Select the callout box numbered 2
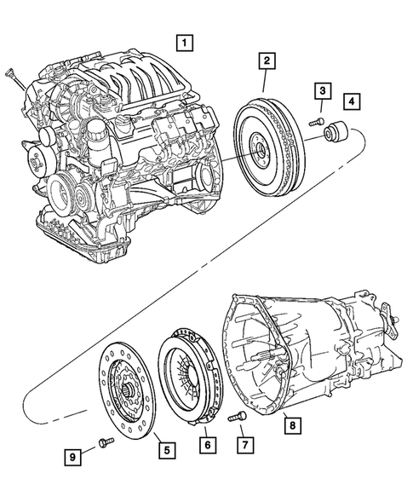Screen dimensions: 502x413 click(x=267, y=61)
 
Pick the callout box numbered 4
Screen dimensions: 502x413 click(x=351, y=102)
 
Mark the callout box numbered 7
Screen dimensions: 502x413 click(x=244, y=445)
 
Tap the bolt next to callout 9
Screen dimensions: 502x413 click(x=104, y=442)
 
